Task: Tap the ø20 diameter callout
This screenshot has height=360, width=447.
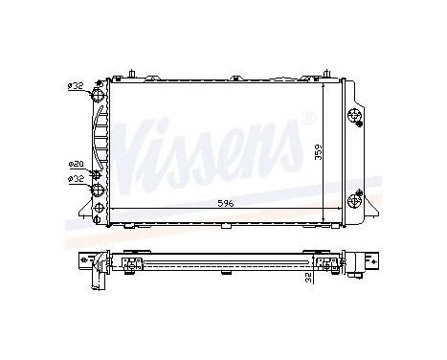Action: click(76, 165)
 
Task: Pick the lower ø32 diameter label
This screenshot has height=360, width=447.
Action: click(76, 177)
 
